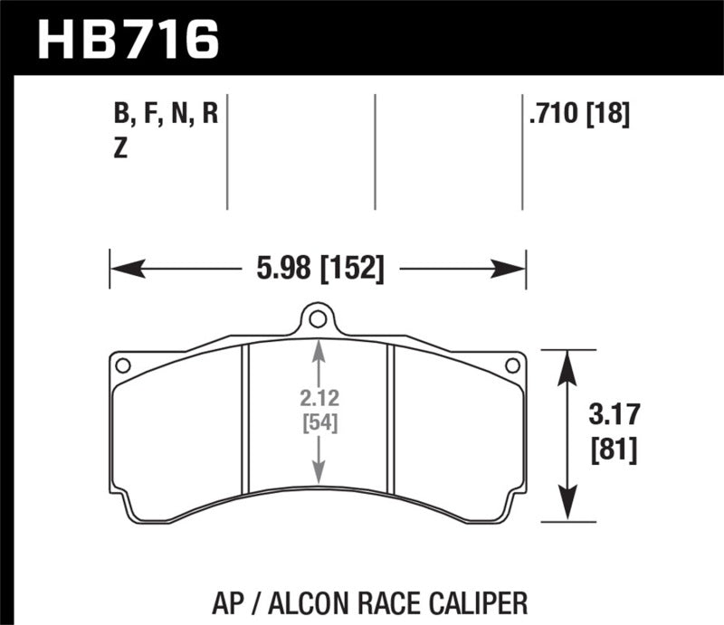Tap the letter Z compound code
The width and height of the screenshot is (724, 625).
coord(120,150)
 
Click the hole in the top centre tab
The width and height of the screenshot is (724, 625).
coord(317,319)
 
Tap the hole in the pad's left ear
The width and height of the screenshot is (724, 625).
coord(124,365)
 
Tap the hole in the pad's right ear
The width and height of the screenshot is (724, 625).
coord(511,365)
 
